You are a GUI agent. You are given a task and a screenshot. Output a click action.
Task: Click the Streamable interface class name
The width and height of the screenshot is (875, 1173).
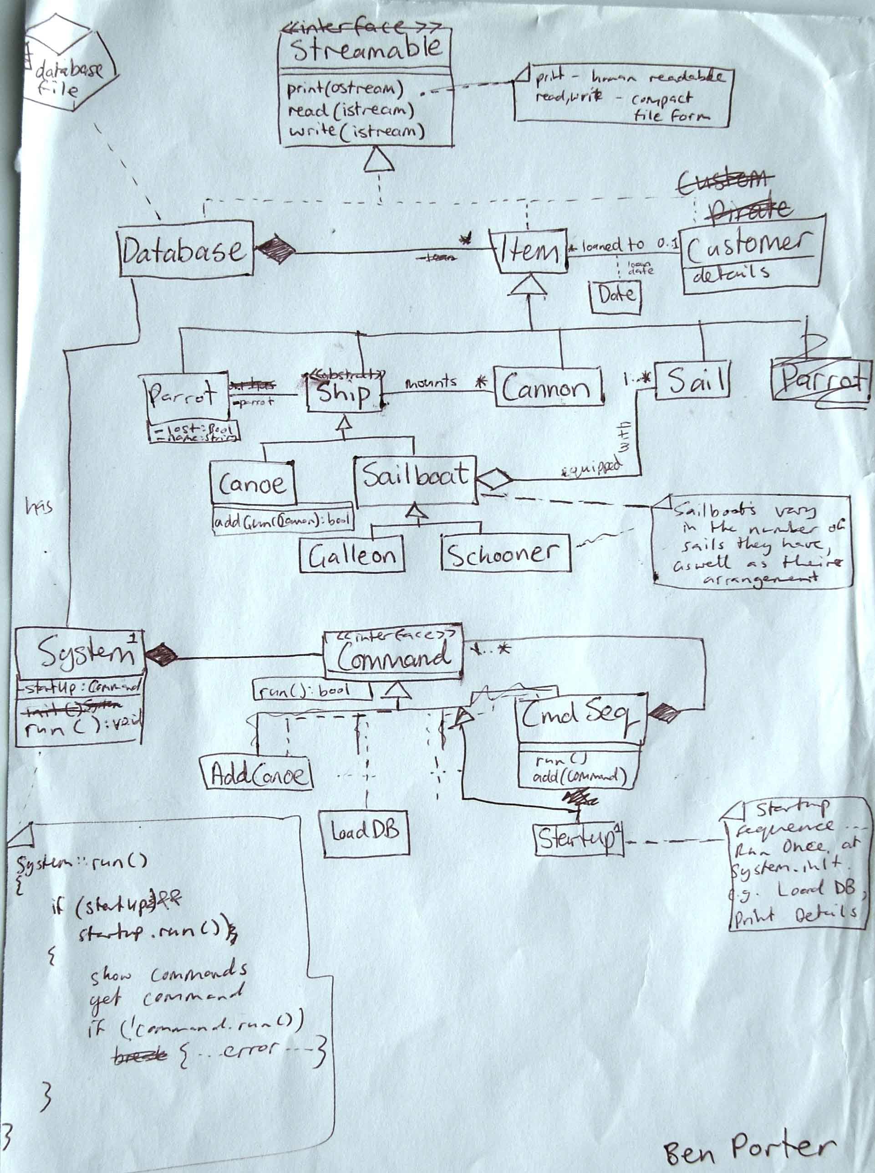(366, 49)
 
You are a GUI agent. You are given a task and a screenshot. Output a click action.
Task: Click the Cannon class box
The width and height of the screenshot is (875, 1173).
(549, 387)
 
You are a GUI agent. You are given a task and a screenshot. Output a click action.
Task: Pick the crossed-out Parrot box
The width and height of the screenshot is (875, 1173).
(820, 379)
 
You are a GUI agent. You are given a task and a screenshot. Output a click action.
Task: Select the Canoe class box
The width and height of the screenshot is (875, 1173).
(252, 483)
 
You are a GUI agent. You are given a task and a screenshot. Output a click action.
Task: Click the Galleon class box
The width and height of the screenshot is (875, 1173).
(352, 555)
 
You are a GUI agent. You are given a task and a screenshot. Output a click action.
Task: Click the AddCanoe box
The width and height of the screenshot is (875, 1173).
(258, 774)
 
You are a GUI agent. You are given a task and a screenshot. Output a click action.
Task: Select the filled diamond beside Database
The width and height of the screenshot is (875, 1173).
(275, 250)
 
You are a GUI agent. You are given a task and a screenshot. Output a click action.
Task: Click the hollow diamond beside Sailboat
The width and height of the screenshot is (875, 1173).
(495, 479)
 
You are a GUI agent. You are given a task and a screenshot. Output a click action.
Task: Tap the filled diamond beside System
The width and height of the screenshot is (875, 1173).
(162, 656)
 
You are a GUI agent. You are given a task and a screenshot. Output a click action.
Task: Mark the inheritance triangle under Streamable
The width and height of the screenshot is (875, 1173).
(379, 159)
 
